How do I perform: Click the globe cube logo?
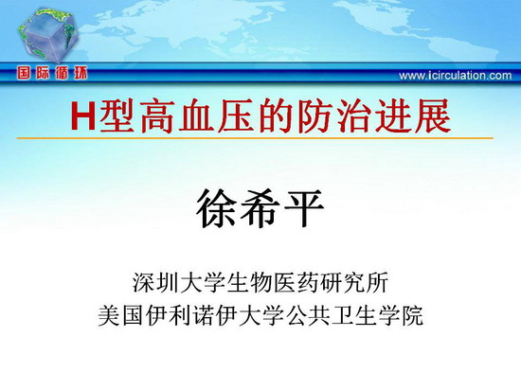[47, 36]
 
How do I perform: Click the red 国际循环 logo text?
[52, 73]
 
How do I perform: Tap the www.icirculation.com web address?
[456, 76]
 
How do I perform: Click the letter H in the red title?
[83, 115]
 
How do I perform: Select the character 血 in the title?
[198, 115]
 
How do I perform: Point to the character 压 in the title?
[237, 115]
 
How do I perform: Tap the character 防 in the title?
[315, 115]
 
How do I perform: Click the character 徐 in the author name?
[217, 208]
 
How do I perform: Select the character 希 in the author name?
[260, 208]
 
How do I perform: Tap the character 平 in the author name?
[303, 208]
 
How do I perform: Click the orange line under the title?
[255, 138]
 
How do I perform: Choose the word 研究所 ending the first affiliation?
[354, 283]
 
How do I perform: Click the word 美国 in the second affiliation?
[121, 315]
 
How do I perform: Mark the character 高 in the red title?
[159, 115]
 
